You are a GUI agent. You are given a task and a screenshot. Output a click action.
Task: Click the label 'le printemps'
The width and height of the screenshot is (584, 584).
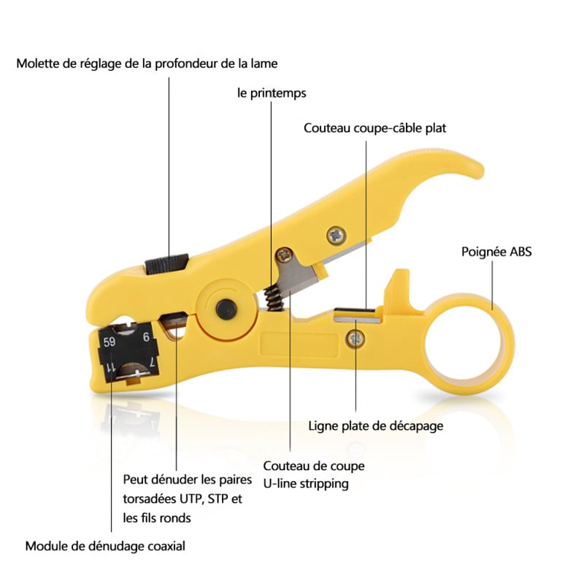(272, 93)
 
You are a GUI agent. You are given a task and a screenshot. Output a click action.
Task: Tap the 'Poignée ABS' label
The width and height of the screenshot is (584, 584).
(496, 253)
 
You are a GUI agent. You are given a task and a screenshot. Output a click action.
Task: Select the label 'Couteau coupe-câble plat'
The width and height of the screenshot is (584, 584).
(375, 128)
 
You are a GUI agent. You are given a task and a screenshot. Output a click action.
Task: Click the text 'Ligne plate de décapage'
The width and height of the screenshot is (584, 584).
(376, 426)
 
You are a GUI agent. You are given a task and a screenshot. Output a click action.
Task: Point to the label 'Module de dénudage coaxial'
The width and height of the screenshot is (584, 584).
(105, 545)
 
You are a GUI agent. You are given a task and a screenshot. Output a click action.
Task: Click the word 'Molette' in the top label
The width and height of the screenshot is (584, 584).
(39, 64)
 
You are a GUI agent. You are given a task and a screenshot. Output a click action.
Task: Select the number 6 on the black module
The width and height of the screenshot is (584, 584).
(146, 337)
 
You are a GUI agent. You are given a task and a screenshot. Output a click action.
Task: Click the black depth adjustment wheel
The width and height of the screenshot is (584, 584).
(166, 264)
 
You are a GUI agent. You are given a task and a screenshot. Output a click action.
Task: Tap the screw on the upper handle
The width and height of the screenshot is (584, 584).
(337, 235)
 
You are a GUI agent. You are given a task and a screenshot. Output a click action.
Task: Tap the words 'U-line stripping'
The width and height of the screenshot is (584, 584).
(306, 483)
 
